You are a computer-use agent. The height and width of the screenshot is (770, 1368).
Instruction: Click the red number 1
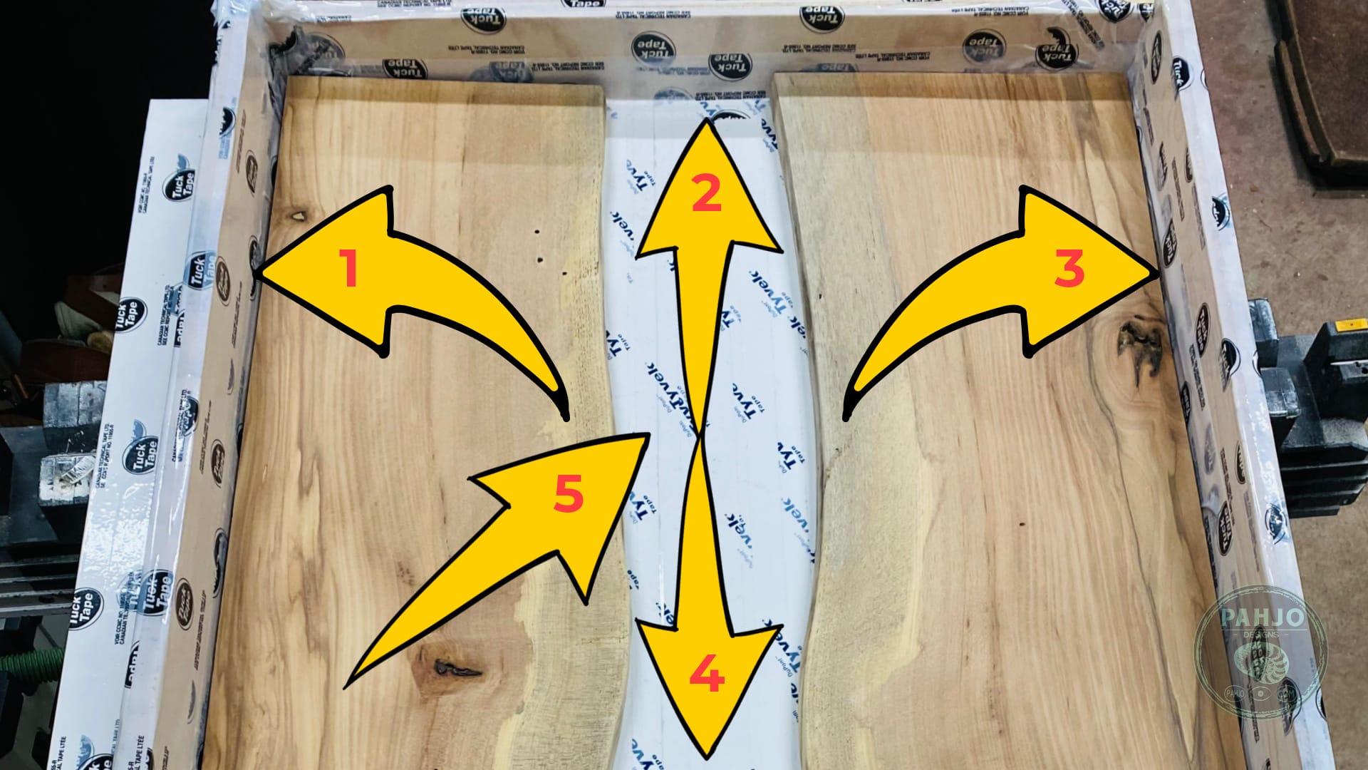348,269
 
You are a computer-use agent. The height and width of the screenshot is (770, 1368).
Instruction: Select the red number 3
1069,269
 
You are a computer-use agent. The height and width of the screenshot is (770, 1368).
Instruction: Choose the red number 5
569,494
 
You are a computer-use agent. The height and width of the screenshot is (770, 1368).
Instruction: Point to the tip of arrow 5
648,434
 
